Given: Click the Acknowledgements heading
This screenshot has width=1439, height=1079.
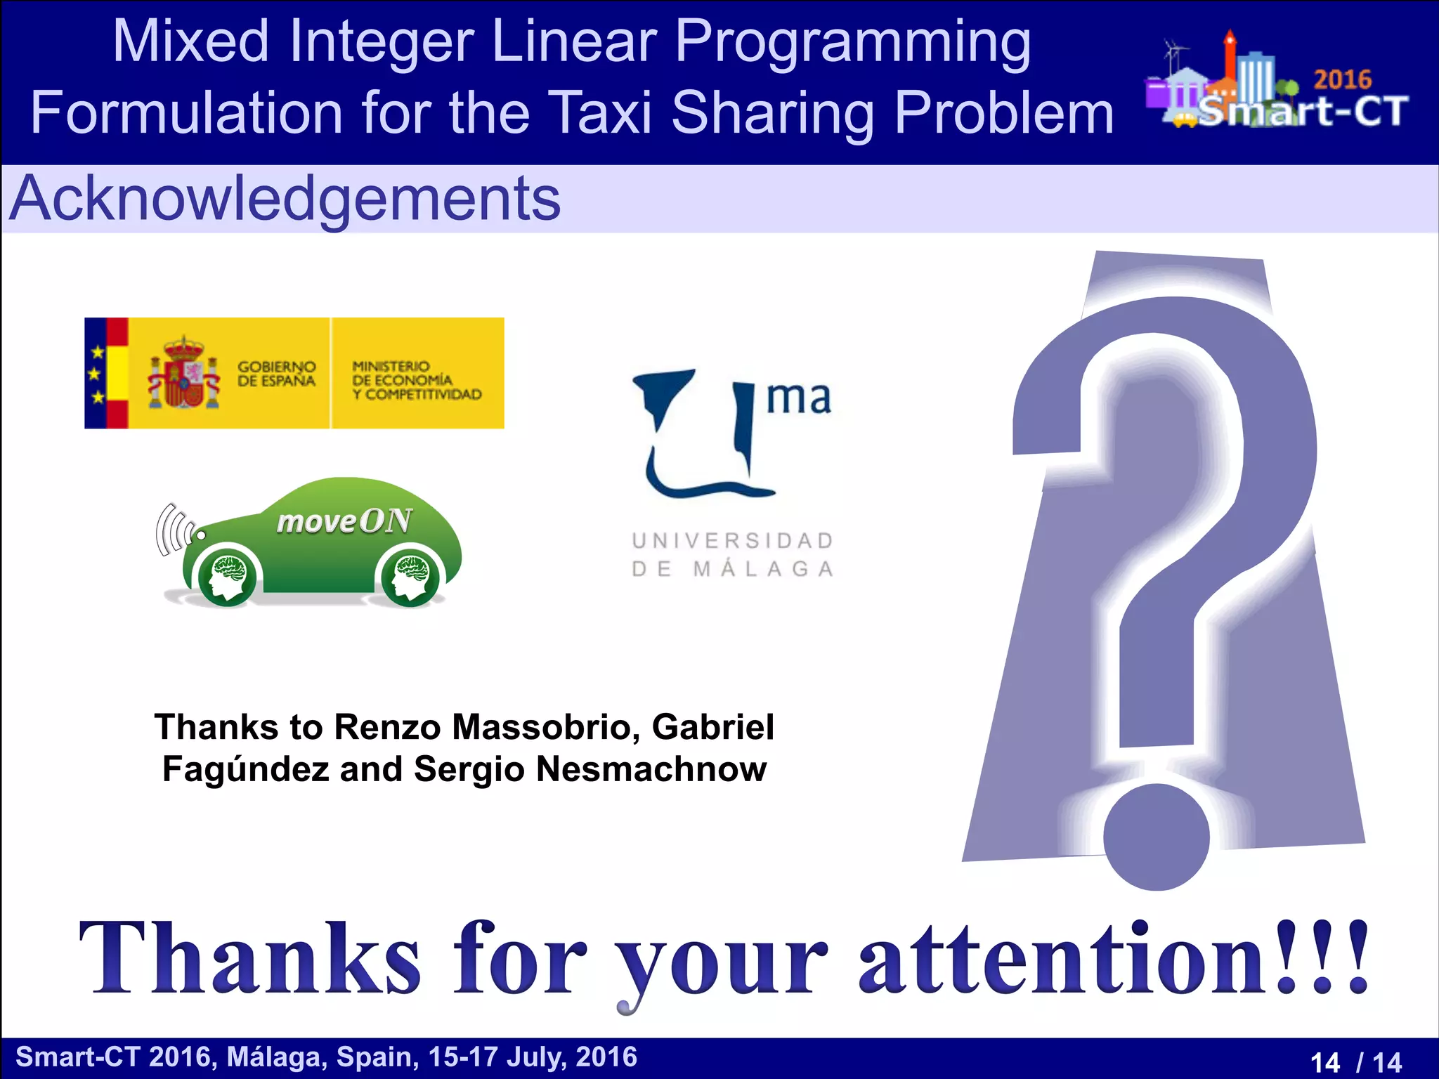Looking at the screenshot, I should pos(285,200).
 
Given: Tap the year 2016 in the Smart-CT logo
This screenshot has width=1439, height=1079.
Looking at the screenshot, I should pos(1342,80).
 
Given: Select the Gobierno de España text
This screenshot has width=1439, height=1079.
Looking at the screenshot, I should pos(276,374).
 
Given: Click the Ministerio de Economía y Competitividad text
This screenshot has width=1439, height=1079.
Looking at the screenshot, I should pos(417,380).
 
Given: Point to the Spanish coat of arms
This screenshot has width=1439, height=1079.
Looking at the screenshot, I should pos(183,374).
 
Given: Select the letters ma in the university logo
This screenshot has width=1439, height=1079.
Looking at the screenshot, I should pos(798,398).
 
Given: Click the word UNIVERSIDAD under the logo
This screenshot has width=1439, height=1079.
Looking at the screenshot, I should pos(733,541).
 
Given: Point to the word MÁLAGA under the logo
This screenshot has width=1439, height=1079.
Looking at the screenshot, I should pos(763,569).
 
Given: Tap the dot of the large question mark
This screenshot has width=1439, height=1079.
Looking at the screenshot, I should pos(1156,837).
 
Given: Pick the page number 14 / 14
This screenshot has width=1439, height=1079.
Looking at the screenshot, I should pos(1355,1061).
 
